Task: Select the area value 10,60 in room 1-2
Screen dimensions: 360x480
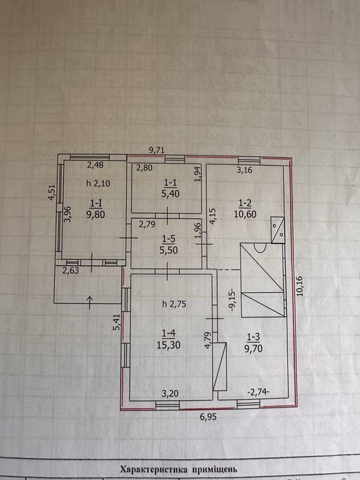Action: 245,214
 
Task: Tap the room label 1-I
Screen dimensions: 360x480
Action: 96,203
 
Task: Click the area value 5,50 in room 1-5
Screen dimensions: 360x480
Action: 169,250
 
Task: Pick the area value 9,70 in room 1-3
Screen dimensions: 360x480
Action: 254,348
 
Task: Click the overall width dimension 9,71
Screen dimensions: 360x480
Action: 157,150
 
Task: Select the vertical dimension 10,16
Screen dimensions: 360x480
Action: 300,286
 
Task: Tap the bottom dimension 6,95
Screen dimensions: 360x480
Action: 208,417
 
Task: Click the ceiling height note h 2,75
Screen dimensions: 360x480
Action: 174,304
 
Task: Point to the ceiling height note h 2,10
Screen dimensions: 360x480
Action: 98,183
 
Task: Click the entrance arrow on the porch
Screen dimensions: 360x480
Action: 90,302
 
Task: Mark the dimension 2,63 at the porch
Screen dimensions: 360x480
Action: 71,271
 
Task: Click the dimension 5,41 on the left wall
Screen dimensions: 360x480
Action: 117,322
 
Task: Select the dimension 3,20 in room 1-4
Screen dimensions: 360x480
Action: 169,393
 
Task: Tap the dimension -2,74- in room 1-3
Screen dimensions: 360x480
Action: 258,392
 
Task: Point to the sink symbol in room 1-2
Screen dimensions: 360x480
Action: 278,230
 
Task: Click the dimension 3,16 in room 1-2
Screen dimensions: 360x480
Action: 245,169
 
